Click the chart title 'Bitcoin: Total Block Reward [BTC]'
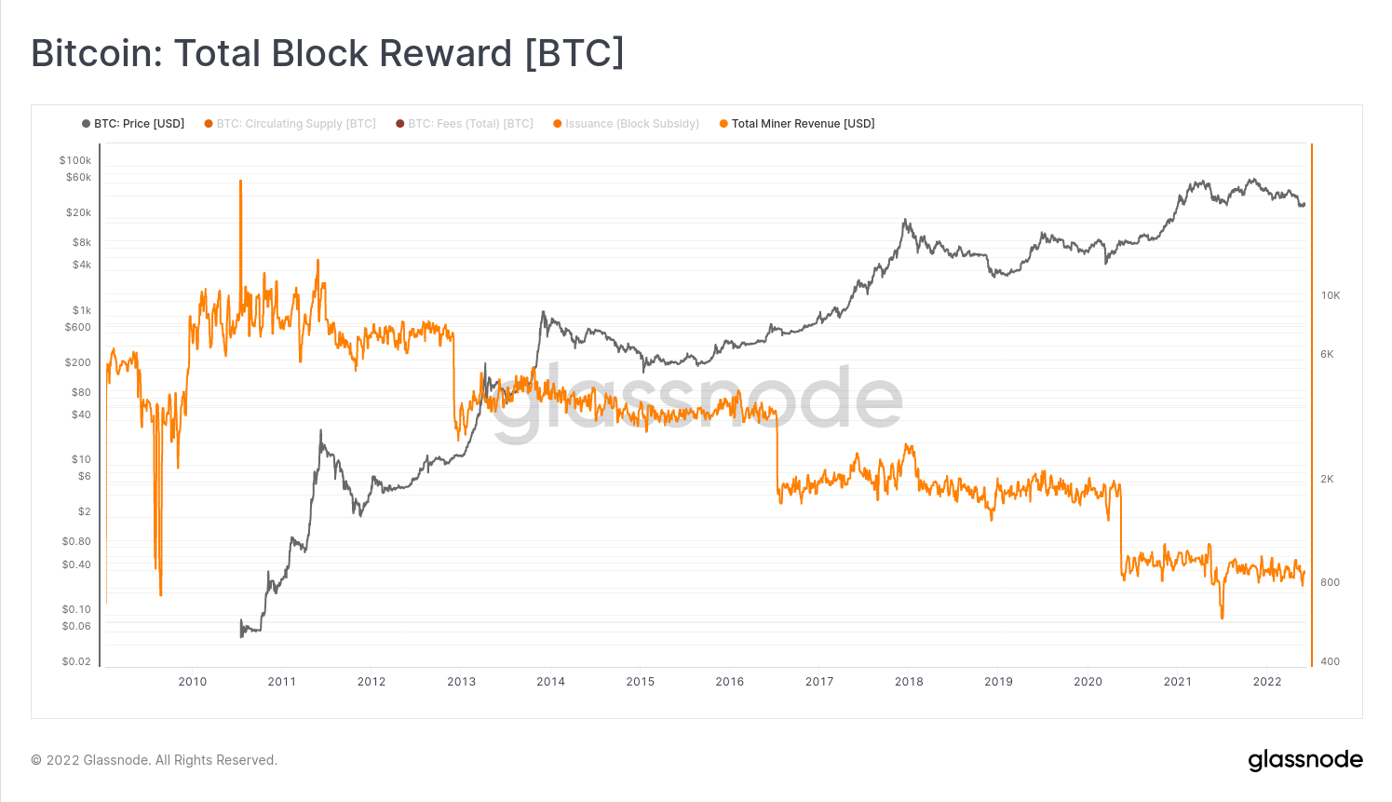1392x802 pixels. click(x=328, y=53)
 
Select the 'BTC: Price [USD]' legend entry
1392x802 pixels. click(x=133, y=124)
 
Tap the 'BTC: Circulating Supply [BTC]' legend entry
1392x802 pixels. click(x=291, y=124)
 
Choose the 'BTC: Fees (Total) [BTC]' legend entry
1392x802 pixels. click(x=465, y=124)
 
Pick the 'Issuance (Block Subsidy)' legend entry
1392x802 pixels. click(x=626, y=124)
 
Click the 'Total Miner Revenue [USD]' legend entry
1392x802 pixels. click(x=797, y=124)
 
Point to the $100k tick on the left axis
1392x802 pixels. click(x=75, y=160)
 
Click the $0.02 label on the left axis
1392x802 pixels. click(x=76, y=661)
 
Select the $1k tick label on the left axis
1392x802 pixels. click(x=82, y=310)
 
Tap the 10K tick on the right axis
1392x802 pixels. click(x=1331, y=295)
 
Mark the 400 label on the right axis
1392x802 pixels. click(x=1331, y=661)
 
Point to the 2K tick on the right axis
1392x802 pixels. click(x=1327, y=479)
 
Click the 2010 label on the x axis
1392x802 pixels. click(x=193, y=682)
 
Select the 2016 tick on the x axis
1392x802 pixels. click(x=730, y=682)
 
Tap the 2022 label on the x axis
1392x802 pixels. click(x=1267, y=682)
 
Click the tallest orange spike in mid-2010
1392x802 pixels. click(x=240, y=183)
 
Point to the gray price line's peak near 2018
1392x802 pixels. click(x=904, y=221)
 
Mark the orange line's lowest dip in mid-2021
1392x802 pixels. click(x=1222, y=617)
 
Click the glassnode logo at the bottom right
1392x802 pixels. click(x=1304, y=760)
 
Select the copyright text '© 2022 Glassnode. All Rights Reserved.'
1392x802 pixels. click(x=155, y=760)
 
